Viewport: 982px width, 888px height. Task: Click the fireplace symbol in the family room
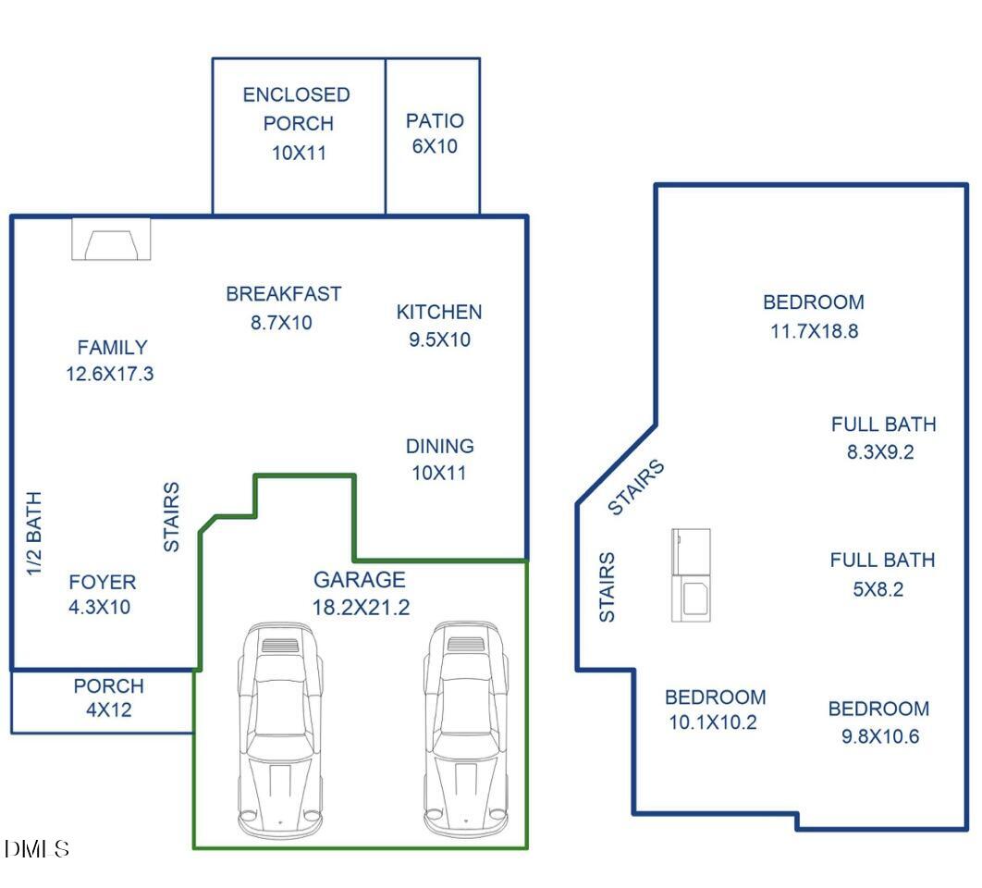(111, 239)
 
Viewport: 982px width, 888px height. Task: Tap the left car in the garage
(280, 730)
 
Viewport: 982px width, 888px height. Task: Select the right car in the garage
(466, 729)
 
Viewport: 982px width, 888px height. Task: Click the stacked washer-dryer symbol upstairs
(691, 575)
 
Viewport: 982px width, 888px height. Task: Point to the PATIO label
(435, 120)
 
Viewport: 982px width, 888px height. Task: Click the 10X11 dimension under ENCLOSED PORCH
(299, 153)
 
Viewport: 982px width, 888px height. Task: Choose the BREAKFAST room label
(284, 294)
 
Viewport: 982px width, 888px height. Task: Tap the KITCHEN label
(439, 312)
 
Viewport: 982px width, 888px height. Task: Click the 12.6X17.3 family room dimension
(110, 374)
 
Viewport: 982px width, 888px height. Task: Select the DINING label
(439, 446)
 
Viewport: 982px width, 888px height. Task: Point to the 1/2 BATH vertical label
(34, 534)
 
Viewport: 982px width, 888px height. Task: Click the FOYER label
(102, 582)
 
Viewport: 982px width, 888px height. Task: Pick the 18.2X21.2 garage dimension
(361, 607)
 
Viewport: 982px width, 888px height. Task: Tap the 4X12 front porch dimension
(109, 710)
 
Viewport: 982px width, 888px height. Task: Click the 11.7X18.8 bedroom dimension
(814, 331)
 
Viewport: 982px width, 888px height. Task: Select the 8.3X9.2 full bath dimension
(880, 451)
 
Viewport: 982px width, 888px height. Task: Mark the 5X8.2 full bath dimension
(878, 589)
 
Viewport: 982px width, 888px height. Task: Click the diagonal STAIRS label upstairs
(635, 487)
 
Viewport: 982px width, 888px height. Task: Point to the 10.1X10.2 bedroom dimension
(713, 722)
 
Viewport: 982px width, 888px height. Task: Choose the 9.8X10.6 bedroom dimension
(880, 736)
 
